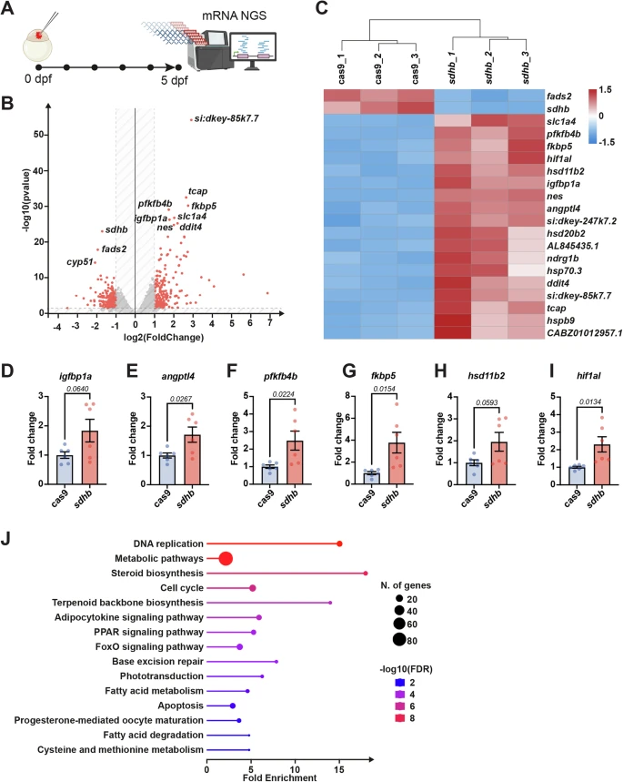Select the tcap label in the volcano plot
196,190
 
